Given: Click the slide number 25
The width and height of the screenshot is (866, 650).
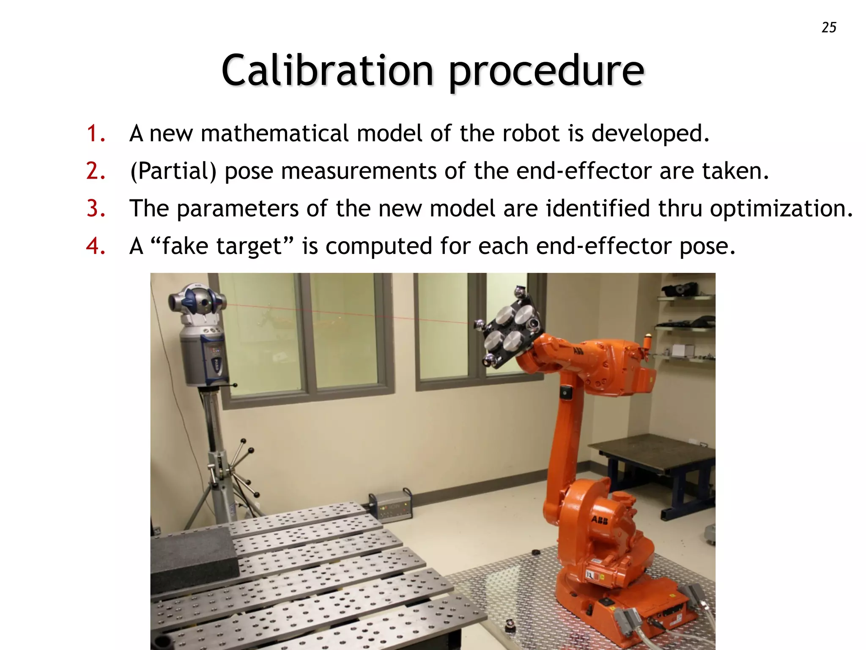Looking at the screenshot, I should click(x=829, y=28).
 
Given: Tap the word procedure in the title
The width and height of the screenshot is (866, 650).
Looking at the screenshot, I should click(x=546, y=71).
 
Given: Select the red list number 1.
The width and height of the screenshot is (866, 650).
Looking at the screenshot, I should click(x=96, y=133).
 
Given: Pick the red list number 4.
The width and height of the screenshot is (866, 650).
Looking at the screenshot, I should click(x=96, y=246).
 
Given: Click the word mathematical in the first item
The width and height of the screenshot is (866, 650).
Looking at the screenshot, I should click(x=275, y=133).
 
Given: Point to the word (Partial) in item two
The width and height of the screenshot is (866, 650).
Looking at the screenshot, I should click(x=173, y=171).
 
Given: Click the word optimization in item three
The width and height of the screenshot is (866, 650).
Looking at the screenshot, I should click(x=781, y=209).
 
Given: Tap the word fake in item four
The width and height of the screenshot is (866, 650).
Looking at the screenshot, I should click(x=185, y=246).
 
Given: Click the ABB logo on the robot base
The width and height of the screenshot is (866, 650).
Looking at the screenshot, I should click(x=599, y=520).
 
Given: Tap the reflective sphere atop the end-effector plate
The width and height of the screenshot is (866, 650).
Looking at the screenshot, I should click(x=519, y=292).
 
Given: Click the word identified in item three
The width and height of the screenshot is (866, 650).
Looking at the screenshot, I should click(x=597, y=209).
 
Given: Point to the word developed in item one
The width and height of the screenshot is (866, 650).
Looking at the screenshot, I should click(x=650, y=133).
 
